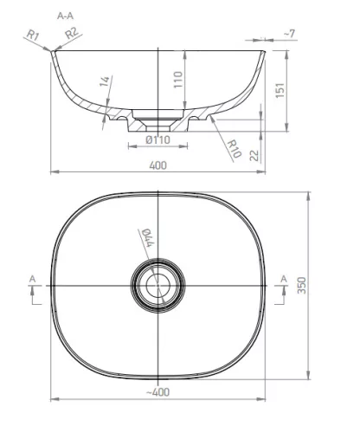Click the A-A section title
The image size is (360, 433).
coord(65,16)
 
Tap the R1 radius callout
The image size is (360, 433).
coord(33,36)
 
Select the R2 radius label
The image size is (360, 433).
coord(72,33)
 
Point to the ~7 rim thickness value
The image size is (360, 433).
coord(290,34)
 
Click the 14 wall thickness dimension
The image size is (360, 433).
coord(105,81)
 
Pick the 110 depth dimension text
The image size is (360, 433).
coord(178,80)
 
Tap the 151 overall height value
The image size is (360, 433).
coord(280,90)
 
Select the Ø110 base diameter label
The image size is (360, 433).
coord(158,140)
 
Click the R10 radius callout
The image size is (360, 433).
coord(234,149)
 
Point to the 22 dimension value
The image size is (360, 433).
coord(254,156)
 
